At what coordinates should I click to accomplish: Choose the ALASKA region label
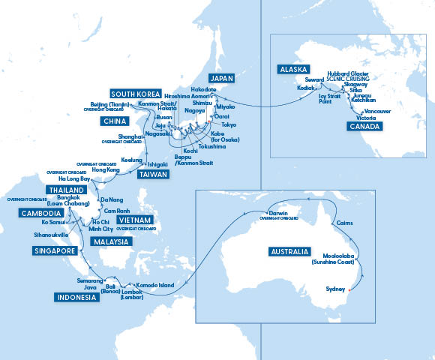coord(292,68)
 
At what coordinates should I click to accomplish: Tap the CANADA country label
coord(365,127)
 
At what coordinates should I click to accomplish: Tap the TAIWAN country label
coord(152,174)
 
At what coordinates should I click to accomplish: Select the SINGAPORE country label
coord(55,250)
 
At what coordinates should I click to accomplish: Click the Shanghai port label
coord(132,136)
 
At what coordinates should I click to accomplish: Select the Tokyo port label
coord(229,124)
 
